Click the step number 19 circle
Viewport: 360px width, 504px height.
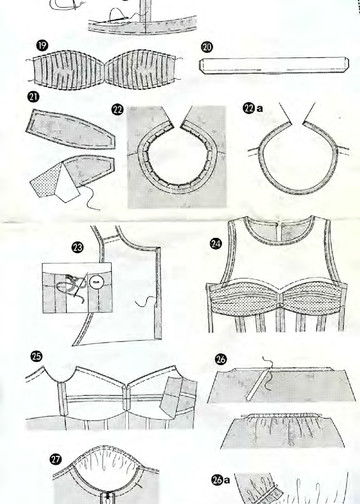[42, 46]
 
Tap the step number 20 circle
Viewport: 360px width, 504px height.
[207, 47]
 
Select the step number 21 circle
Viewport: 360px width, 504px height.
[33, 97]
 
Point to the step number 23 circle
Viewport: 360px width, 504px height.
[77, 247]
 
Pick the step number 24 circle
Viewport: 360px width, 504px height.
[216, 244]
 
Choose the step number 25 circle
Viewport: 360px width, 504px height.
[36, 356]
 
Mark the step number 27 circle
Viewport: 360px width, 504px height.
[55, 459]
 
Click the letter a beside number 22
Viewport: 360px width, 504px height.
[260, 109]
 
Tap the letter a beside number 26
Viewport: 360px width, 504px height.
[227, 480]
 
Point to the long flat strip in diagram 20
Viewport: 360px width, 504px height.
[274, 65]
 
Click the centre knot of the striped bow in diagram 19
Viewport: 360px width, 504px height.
[105, 71]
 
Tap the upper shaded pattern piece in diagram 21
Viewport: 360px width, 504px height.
[70, 128]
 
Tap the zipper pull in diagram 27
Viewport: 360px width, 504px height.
[107, 498]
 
